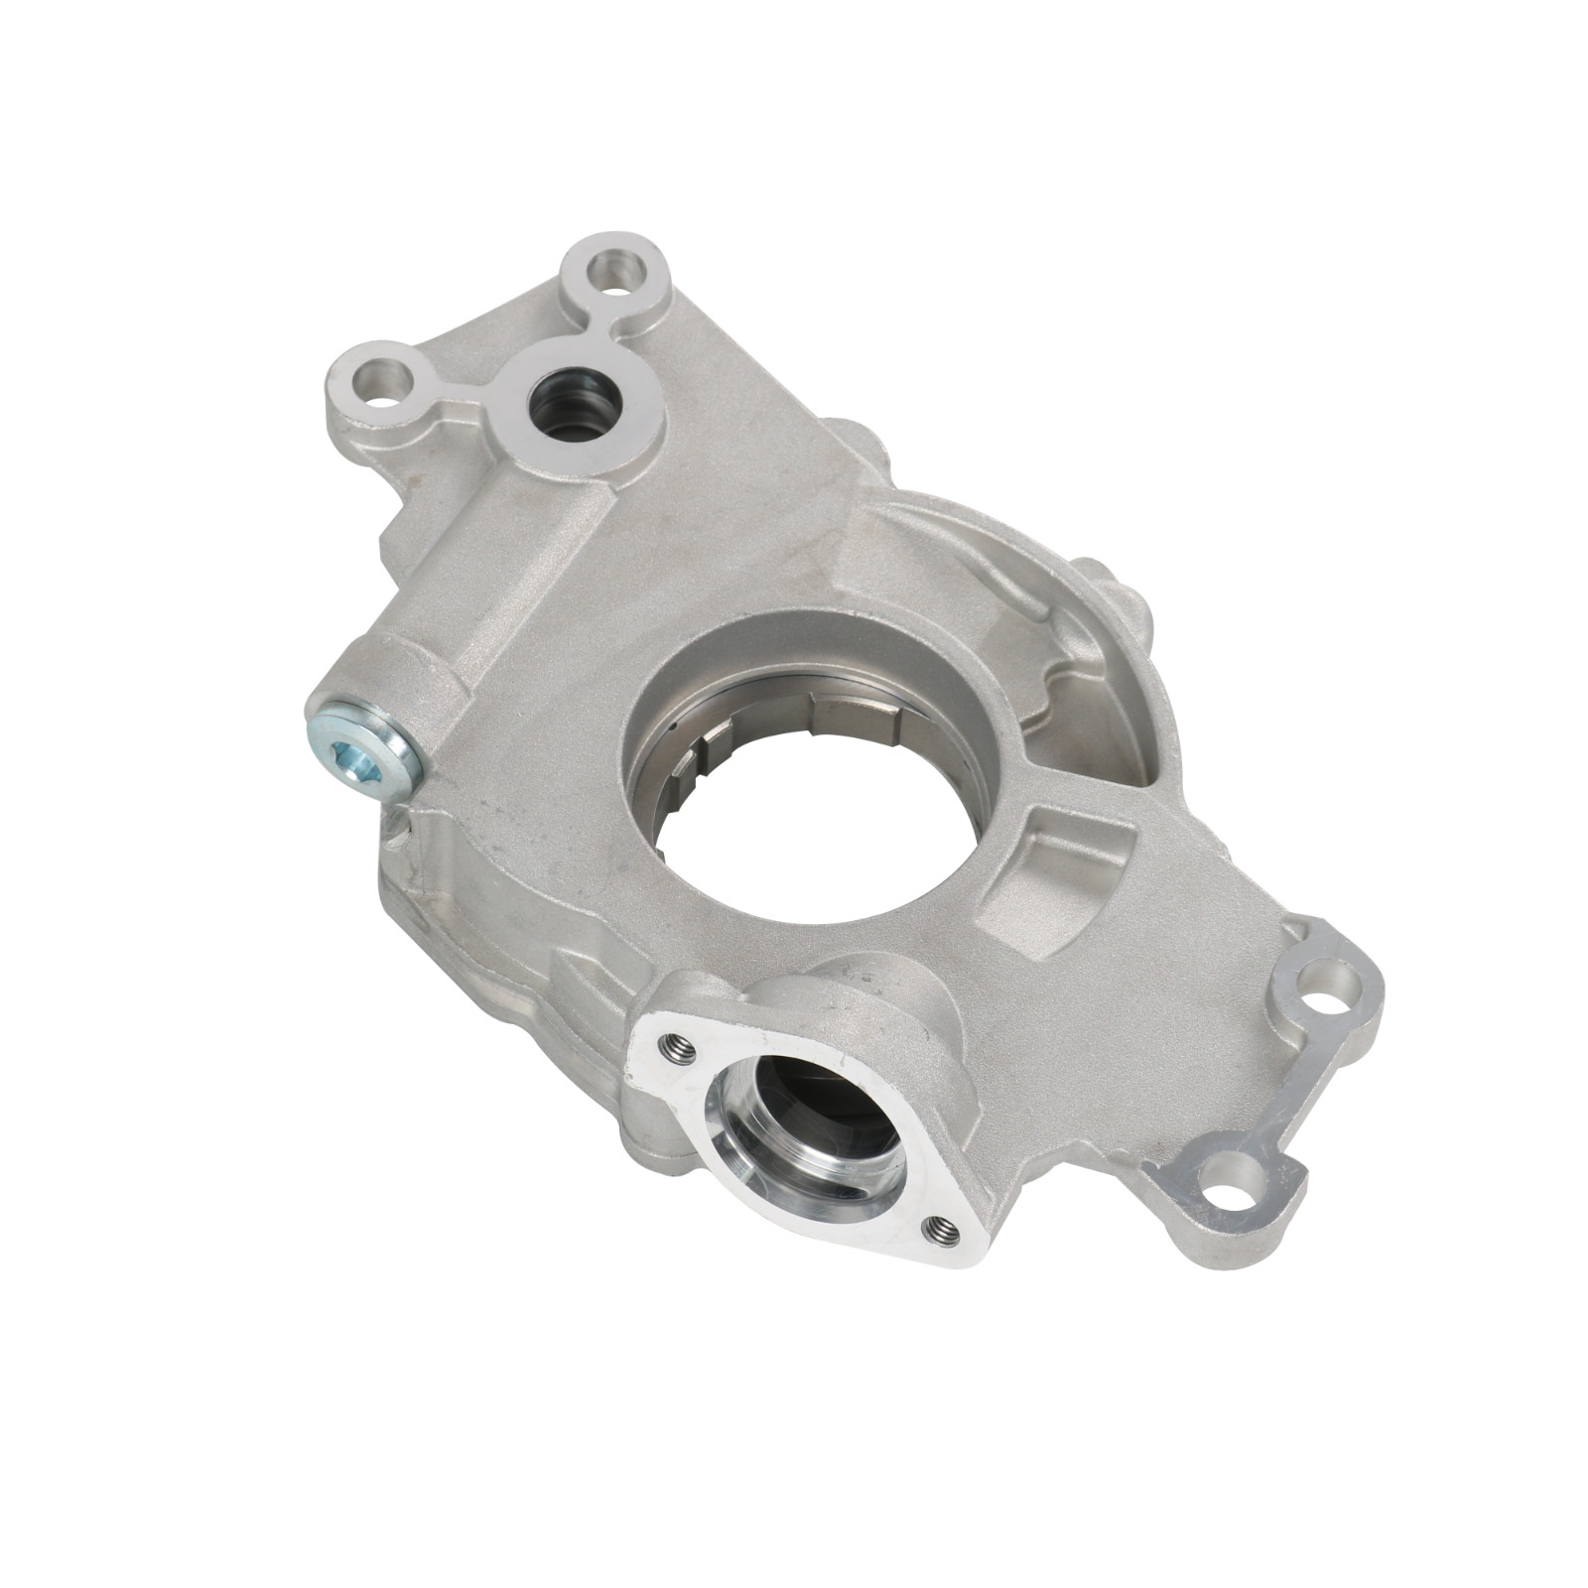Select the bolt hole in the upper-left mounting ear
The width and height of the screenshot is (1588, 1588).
coord(380,380)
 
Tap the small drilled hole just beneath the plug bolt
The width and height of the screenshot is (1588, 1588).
coord(400,823)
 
